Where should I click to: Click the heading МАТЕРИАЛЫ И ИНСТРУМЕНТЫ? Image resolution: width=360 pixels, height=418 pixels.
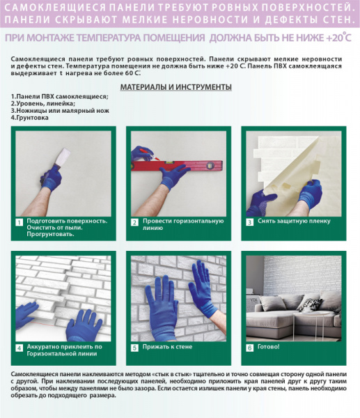click(x=176, y=87)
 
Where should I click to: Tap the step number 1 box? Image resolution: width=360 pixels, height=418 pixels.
click(x=19, y=222)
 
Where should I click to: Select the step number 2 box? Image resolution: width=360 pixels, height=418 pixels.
click(x=134, y=222)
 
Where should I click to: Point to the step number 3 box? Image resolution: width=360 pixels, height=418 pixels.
click(x=249, y=222)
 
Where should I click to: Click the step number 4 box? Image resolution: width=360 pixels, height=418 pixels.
click(x=19, y=348)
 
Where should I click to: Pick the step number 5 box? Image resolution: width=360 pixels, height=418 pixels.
click(x=134, y=348)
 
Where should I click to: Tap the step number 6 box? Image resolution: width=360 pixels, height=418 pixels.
click(x=249, y=348)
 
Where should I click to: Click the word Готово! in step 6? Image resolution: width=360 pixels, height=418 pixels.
click(x=268, y=347)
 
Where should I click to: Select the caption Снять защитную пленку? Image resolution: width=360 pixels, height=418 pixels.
click(x=294, y=221)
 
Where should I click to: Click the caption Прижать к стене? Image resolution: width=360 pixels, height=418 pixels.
click(x=167, y=347)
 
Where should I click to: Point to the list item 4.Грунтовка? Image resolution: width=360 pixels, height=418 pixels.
click(x=29, y=118)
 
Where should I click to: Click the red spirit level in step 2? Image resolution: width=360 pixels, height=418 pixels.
click(x=177, y=166)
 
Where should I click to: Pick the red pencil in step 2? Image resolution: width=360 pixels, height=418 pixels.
click(x=149, y=155)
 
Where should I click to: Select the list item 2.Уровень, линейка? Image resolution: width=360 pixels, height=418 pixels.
click(x=43, y=103)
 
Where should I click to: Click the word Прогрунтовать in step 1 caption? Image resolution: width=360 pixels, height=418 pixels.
click(x=50, y=234)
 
